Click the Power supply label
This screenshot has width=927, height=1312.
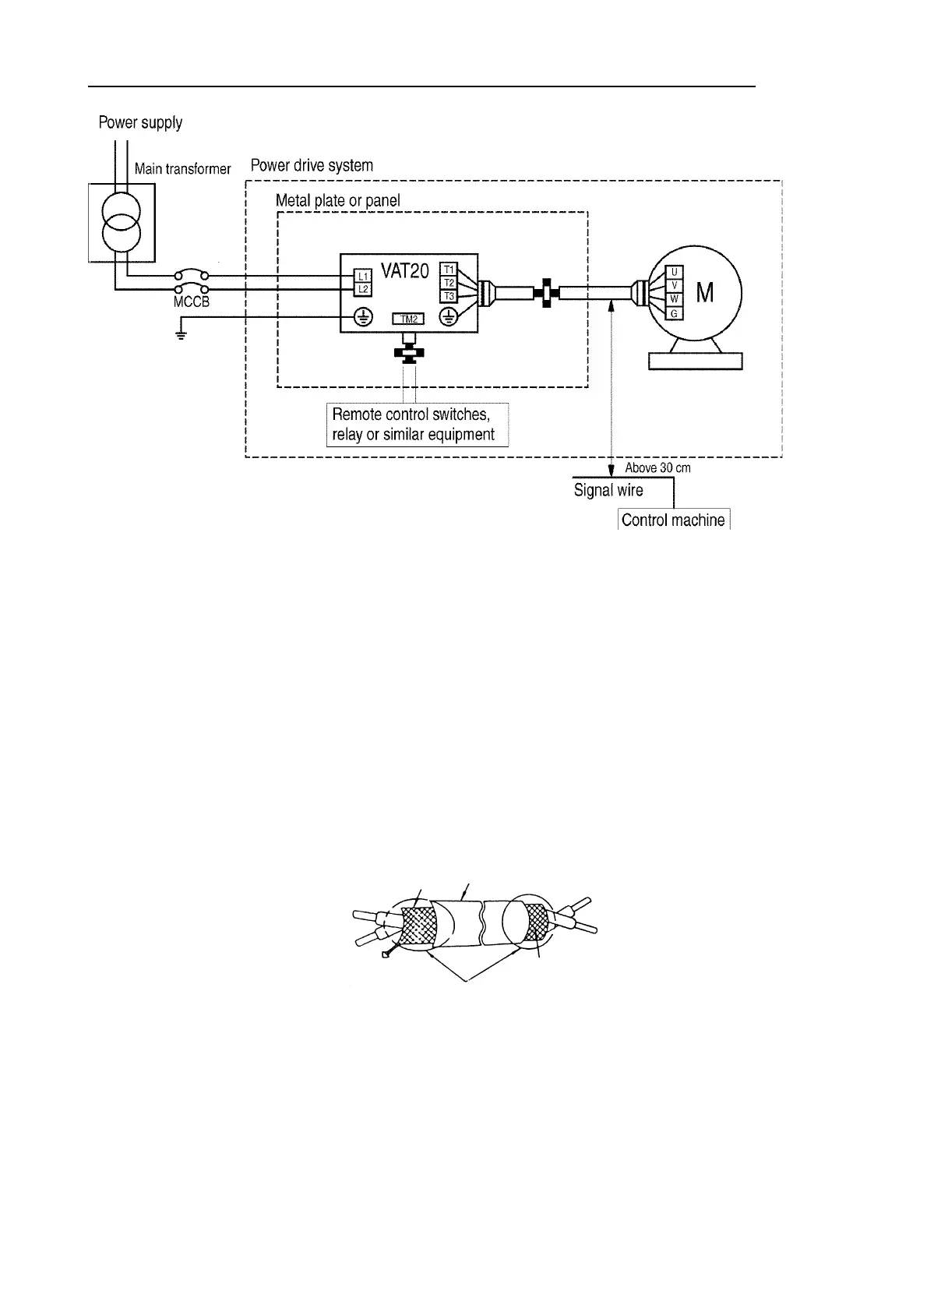(x=140, y=122)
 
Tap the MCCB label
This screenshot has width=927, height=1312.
(x=191, y=302)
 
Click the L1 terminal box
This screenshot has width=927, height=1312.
(x=363, y=276)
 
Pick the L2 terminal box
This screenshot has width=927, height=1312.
(x=363, y=289)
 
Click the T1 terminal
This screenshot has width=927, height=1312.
(x=449, y=269)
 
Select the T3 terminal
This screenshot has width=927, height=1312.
(x=449, y=296)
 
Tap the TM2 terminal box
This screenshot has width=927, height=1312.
(x=407, y=318)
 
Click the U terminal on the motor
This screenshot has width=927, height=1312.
(x=674, y=272)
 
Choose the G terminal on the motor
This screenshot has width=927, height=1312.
(x=674, y=313)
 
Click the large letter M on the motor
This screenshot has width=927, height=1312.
(x=705, y=293)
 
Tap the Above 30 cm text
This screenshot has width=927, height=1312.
(x=657, y=468)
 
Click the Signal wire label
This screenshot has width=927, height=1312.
(x=608, y=490)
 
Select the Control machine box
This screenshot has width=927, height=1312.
(x=673, y=520)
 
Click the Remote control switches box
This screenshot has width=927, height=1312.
(x=417, y=425)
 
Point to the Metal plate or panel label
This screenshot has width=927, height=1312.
(x=338, y=200)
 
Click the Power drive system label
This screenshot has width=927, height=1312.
(x=312, y=165)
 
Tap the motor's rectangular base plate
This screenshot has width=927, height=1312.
(x=696, y=361)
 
